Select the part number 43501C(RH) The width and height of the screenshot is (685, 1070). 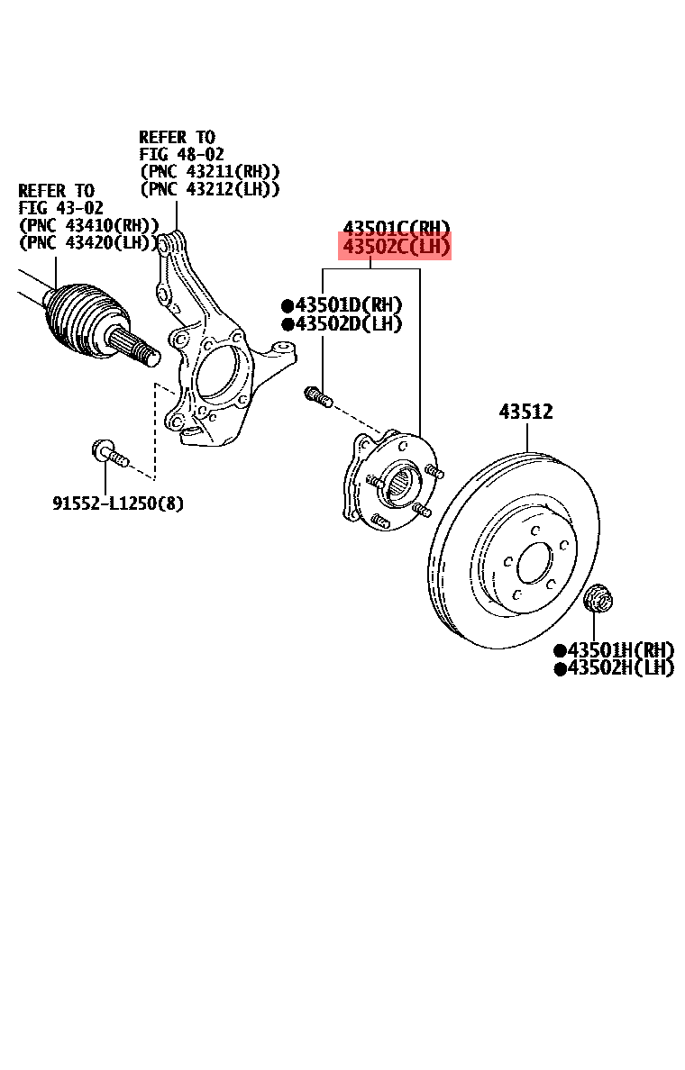coord(395,228)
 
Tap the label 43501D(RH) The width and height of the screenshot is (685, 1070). coord(342,305)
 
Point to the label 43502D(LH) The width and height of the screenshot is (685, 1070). coord(342,324)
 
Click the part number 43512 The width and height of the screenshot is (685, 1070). coord(526,413)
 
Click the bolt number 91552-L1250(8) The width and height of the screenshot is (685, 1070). coord(117,503)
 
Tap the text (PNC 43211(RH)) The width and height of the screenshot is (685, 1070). coord(209,171)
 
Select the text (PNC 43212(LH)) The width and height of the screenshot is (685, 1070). coord(209,189)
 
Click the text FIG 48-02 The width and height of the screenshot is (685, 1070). coord(181,154)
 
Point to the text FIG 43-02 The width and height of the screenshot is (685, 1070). coord(60,208)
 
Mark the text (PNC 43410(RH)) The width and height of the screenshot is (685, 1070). coord(88,225)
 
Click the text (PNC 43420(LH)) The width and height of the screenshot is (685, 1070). coord(88,242)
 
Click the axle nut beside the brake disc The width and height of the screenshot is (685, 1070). coord(596,597)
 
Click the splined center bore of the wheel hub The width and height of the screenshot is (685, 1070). coord(400,486)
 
